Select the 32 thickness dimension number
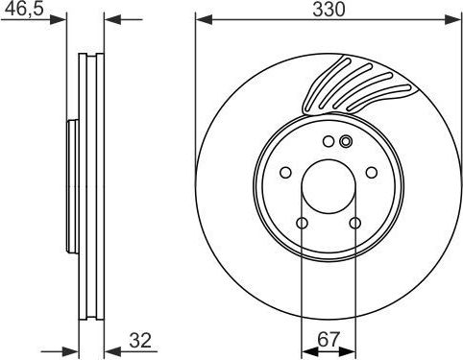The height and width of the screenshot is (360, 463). click(140, 340)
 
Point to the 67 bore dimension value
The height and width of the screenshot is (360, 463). click(328, 340)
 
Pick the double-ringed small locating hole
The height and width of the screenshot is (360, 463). click(346, 142)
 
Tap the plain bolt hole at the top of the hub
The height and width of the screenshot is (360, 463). click(328, 142)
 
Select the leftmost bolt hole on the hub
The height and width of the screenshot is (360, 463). click(285, 173)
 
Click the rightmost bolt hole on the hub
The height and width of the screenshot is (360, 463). click(371, 173)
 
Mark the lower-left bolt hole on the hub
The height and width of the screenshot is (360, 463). click(302, 224)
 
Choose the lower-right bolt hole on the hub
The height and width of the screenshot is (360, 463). click(354, 224)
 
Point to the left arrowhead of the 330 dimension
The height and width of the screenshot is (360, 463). click(201, 19)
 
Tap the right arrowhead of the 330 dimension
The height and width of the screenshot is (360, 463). click(455, 19)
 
